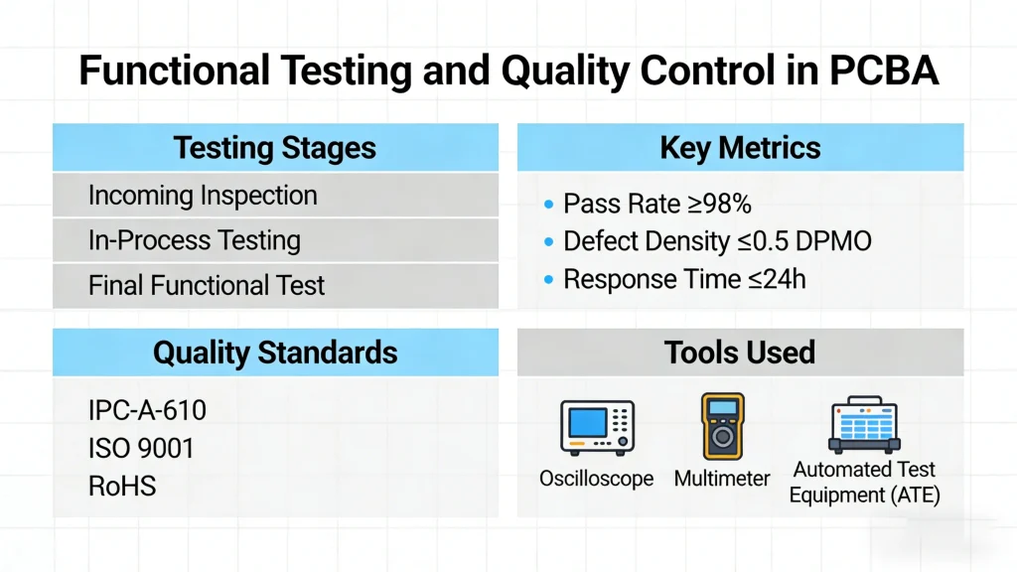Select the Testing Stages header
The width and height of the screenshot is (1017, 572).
(x=275, y=148)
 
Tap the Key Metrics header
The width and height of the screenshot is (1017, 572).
(x=740, y=148)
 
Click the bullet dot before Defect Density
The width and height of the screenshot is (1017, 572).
(x=548, y=241)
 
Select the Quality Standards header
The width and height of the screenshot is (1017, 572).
(x=275, y=352)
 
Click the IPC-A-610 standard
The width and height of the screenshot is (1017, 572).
(x=148, y=410)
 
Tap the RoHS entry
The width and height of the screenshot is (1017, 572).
(x=122, y=486)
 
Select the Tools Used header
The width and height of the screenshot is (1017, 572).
(x=740, y=352)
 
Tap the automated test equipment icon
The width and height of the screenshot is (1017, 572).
(x=864, y=425)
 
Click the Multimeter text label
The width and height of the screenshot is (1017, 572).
(x=722, y=479)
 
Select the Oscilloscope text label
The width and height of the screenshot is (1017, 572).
(x=596, y=479)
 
